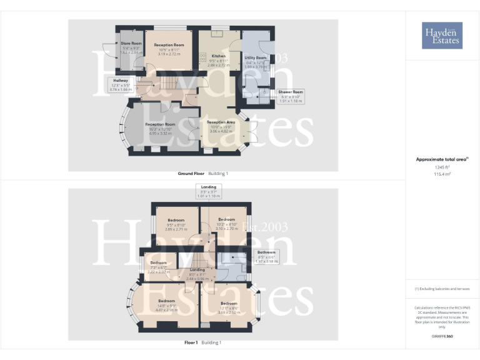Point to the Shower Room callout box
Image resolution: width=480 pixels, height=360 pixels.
[x=292, y=97]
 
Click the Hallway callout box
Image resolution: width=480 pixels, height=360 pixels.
[x=121, y=85]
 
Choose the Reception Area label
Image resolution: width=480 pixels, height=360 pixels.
[x=221, y=126]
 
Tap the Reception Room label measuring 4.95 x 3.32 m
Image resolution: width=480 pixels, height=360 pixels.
[x=161, y=129]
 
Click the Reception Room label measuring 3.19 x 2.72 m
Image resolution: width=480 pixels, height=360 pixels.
[x=169, y=49]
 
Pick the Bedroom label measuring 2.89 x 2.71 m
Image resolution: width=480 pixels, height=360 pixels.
[x=176, y=224]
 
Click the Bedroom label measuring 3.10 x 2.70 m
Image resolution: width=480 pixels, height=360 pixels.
[x=226, y=224]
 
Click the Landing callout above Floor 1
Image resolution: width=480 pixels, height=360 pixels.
[x=209, y=191]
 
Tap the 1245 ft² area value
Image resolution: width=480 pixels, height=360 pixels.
[x=442, y=167]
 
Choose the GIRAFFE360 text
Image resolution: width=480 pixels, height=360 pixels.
[x=442, y=336]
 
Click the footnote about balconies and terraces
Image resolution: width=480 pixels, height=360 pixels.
[x=442, y=289]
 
